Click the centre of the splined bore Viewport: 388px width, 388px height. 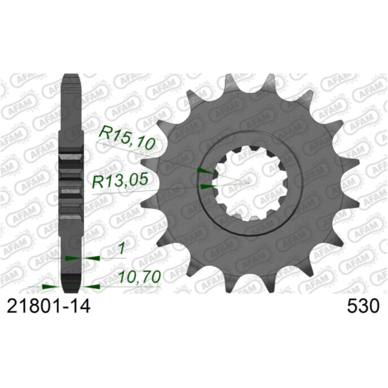click(x=248, y=182)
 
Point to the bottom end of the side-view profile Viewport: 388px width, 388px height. click(x=72, y=288)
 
